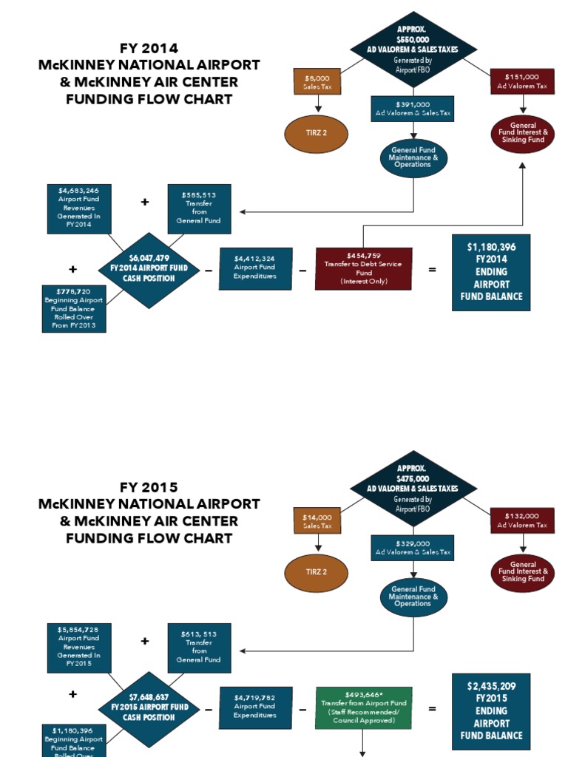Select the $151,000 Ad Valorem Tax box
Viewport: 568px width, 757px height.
(522, 81)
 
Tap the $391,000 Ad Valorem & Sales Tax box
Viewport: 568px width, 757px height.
(413, 109)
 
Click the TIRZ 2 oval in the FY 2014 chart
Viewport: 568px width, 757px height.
(316, 134)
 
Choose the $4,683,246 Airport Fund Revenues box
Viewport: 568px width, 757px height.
(78, 209)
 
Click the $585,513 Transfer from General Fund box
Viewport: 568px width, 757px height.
(199, 209)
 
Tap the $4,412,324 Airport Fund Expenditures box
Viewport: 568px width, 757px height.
(255, 268)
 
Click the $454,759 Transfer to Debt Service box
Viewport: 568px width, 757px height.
(363, 268)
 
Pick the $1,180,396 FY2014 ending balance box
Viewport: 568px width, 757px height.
(491, 271)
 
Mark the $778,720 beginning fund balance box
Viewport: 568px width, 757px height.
(75, 308)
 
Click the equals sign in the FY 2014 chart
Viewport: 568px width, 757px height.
(432, 270)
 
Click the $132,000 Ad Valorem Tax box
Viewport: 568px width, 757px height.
(522, 520)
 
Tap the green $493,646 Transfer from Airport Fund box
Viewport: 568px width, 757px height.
(365, 708)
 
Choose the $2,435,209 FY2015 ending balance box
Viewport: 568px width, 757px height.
(491, 710)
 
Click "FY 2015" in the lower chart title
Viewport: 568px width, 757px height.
(149, 488)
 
